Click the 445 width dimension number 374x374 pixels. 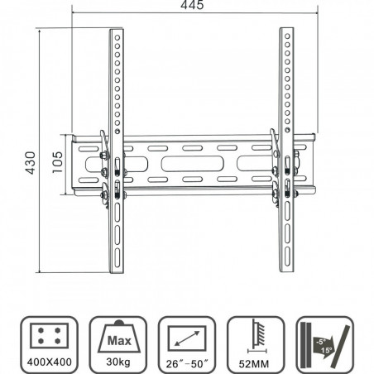point(194,7)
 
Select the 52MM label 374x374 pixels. point(257,363)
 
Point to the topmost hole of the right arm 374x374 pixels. point(286,36)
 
